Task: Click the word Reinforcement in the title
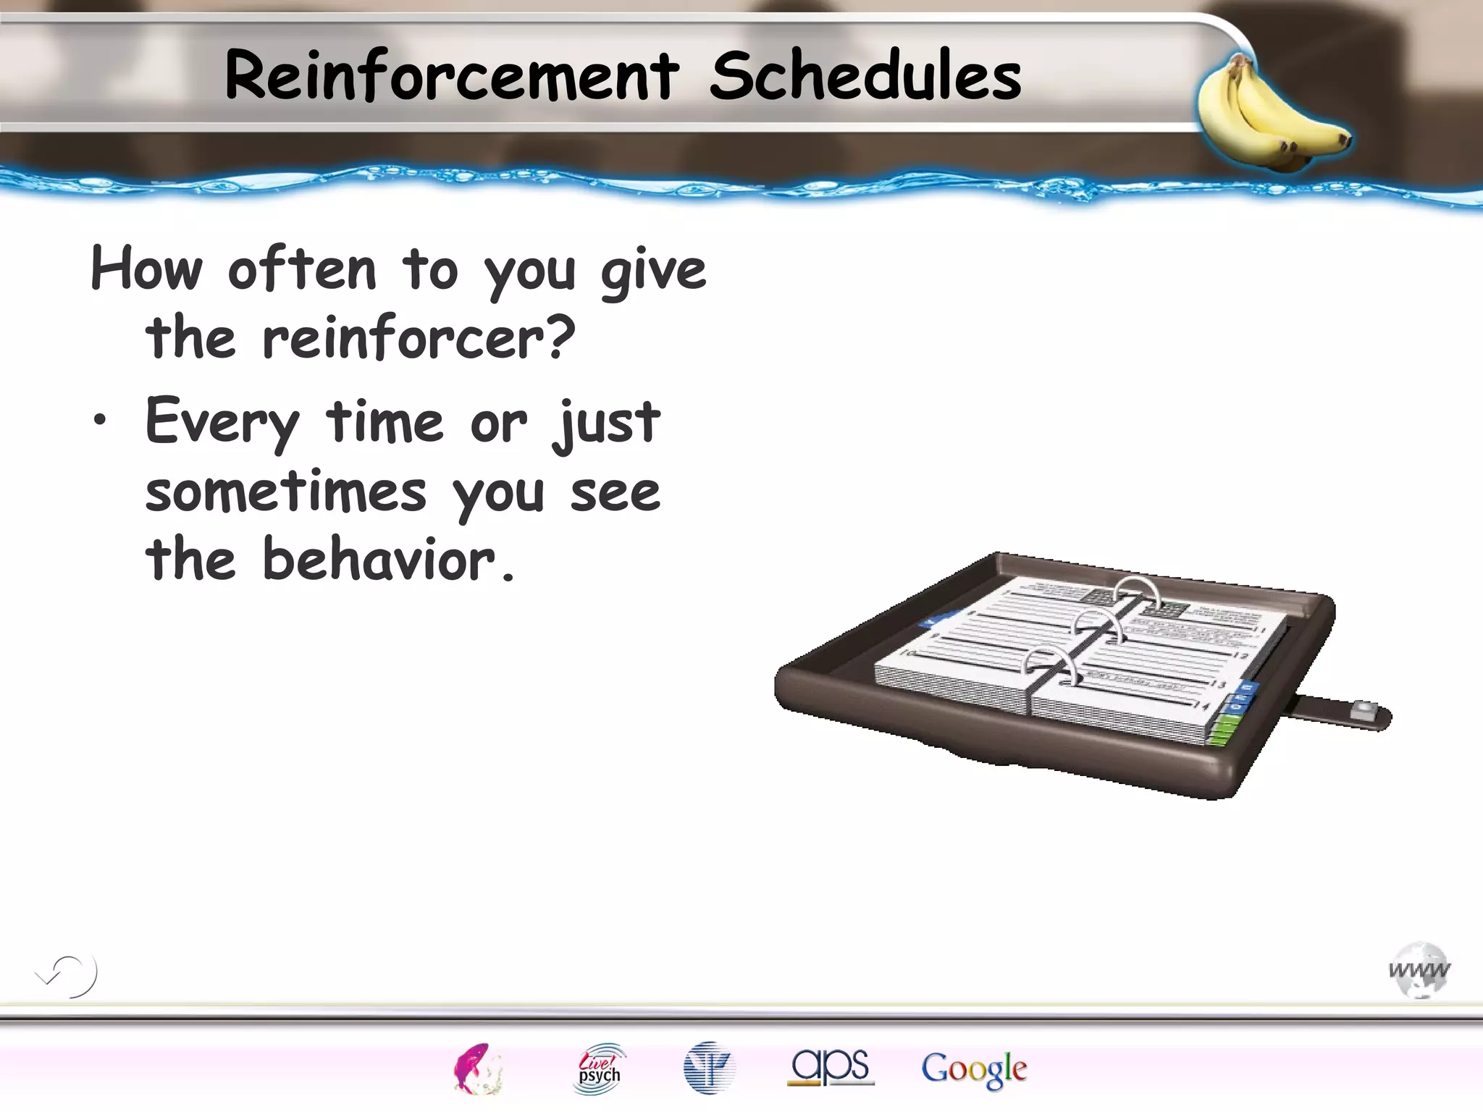tap(452, 76)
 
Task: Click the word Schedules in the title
tap(865, 76)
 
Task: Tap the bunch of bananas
tap(1272, 116)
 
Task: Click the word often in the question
tap(302, 269)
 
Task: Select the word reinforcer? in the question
tap(419, 337)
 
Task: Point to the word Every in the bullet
tap(222, 423)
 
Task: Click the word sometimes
tap(286, 492)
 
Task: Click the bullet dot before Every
tap(100, 420)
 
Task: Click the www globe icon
tap(1419, 970)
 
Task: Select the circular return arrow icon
tap(70, 975)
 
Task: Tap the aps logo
tap(831, 1067)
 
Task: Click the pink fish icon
tap(476, 1069)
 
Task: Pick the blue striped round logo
tap(709, 1068)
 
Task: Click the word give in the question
tap(653, 271)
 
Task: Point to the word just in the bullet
tap(607, 423)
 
